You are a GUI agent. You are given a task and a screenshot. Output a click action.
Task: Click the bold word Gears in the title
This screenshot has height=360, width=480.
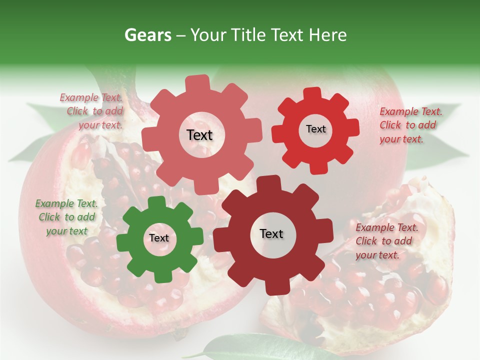148,35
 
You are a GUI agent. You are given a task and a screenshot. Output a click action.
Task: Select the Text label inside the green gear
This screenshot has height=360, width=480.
159,238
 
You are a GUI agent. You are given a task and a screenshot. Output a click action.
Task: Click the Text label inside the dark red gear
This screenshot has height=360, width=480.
271,234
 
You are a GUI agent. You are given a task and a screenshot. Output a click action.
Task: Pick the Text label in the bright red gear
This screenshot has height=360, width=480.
315,129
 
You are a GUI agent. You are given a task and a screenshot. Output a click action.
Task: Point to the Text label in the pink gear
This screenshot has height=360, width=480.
199,135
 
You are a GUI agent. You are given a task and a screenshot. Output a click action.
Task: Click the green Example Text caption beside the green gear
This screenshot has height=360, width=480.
66,217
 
